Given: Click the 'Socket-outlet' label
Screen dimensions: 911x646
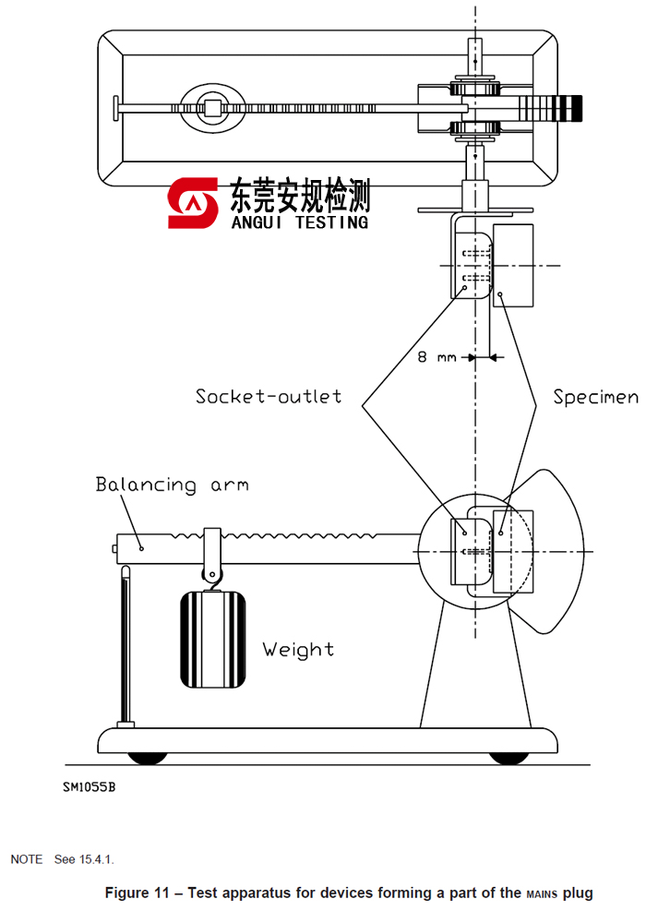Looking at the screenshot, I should pyautogui.click(x=268, y=397).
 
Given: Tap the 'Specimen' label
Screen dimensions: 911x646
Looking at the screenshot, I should pyautogui.click(x=595, y=397).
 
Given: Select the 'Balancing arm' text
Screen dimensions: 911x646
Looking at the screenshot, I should pyautogui.click(x=172, y=485).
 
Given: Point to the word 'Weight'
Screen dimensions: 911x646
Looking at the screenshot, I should pyautogui.click(x=298, y=649).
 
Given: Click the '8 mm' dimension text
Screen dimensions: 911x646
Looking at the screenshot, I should pyautogui.click(x=437, y=357).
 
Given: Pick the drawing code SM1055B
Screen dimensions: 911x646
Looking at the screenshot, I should pyautogui.click(x=90, y=787).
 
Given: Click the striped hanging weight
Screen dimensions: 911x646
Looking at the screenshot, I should pyautogui.click(x=213, y=638).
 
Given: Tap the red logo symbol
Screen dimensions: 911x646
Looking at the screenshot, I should pyautogui.click(x=192, y=203).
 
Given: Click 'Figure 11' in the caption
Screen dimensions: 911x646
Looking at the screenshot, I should pyautogui.click(x=142, y=893).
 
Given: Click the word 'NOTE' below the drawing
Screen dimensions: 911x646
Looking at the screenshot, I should pyautogui.click(x=26, y=859).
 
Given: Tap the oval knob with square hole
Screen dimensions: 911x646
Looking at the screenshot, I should pyautogui.click(x=213, y=108).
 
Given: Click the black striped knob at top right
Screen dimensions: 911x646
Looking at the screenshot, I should pyautogui.click(x=565, y=107).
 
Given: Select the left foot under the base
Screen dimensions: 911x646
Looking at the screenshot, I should pyautogui.click(x=148, y=758).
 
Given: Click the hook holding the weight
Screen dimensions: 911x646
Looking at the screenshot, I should pyautogui.click(x=213, y=575).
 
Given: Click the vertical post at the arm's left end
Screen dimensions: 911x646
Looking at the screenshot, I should pyautogui.click(x=125, y=646).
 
